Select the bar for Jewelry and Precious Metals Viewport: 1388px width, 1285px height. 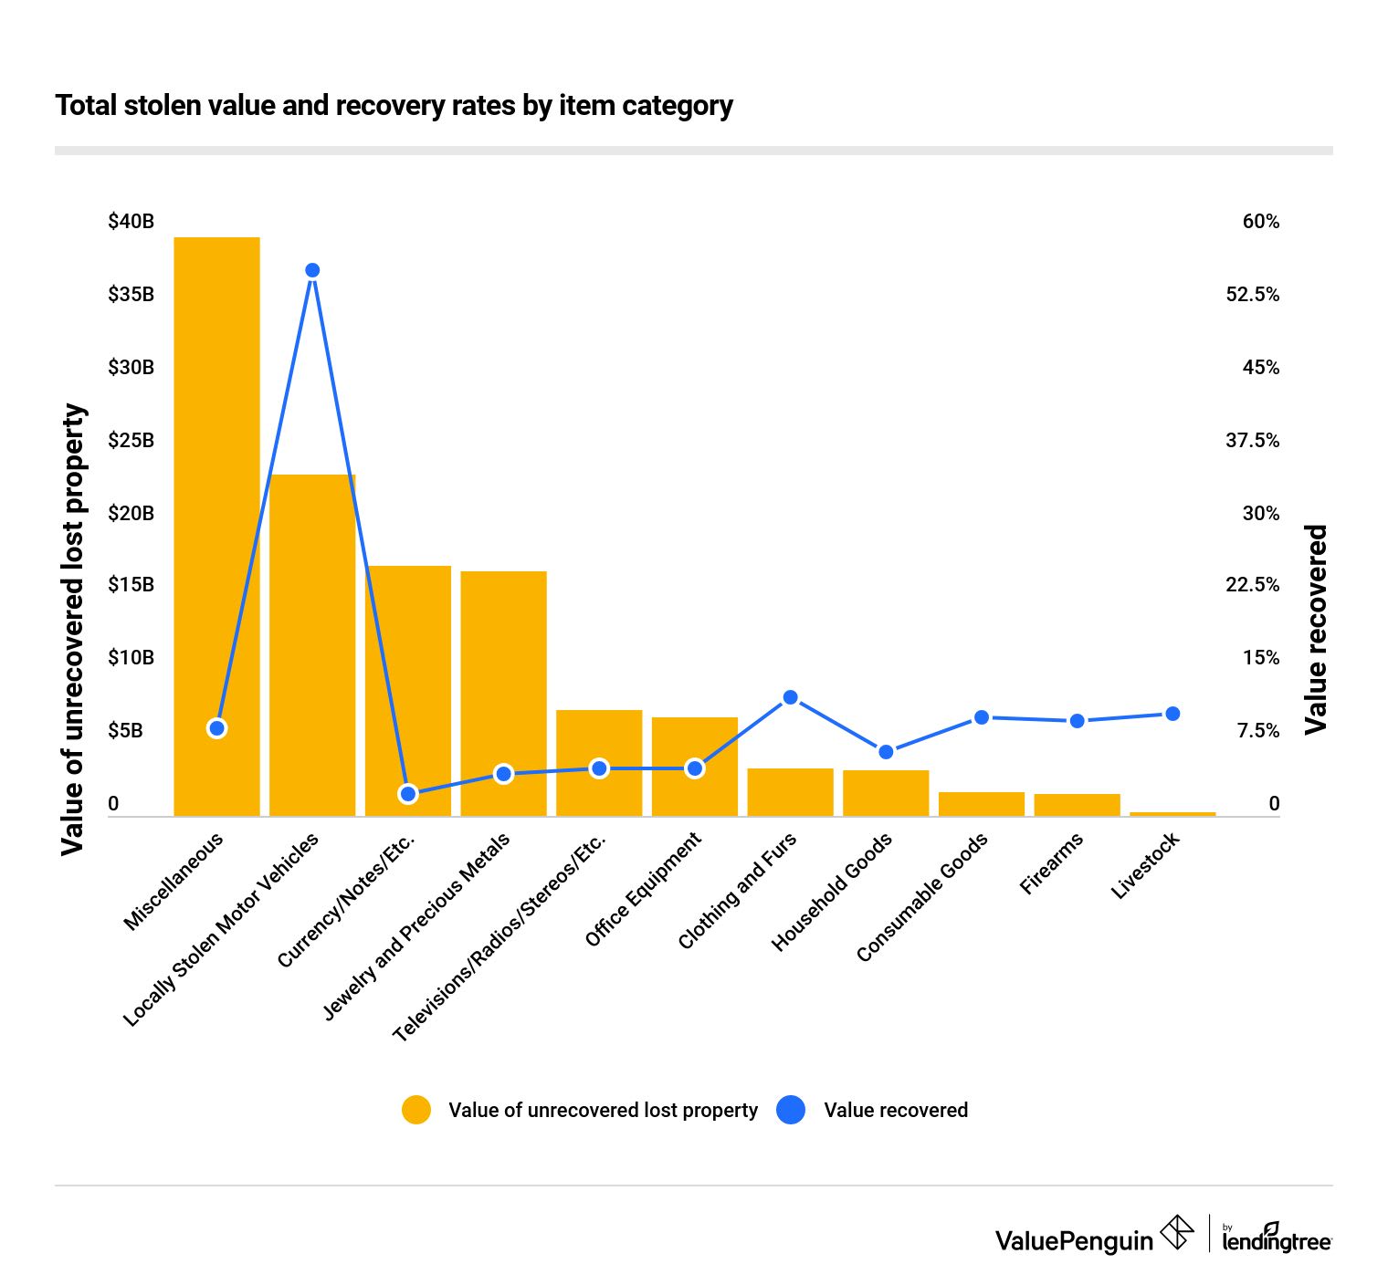pyautogui.click(x=503, y=694)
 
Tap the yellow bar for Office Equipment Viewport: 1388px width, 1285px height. pyautogui.click(x=694, y=767)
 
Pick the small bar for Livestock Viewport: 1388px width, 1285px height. pyautogui.click(x=1172, y=813)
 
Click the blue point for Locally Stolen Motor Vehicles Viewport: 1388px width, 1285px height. pyautogui.click(x=312, y=270)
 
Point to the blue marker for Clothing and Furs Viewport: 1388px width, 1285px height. pyautogui.click(x=791, y=697)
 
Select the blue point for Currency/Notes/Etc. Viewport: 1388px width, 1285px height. pyautogui.click(x=408, y=794)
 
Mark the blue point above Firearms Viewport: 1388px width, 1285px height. pyautogui.click(x=1077, y=721)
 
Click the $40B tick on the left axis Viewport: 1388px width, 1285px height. pyautogui.click(x=131, y=222)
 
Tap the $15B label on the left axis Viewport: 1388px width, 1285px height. pyautogui.click(x=131, y=585)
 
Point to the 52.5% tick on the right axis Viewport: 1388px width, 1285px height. pyautogui.click(x=1252, y=295)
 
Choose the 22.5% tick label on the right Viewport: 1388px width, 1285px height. pyautogui.click(x=1252, y=585)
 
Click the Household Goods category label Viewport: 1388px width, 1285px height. pyautogui.click(x=832, y=893)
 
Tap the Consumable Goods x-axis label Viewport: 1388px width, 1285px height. pyautogui.click(x=921, y=897)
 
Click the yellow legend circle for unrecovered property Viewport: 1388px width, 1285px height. pyautogui.click(x=416, y=1110)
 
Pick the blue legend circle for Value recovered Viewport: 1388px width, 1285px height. pyautogui.click(x=791, y=1110)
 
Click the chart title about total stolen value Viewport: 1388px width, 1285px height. pyautogui.click(x=394, y=106)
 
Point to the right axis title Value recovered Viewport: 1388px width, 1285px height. pyautogui.click(x=1315, y=630)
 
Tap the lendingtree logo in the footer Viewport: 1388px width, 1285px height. pyautogui.click(x=1276, y=1238)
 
